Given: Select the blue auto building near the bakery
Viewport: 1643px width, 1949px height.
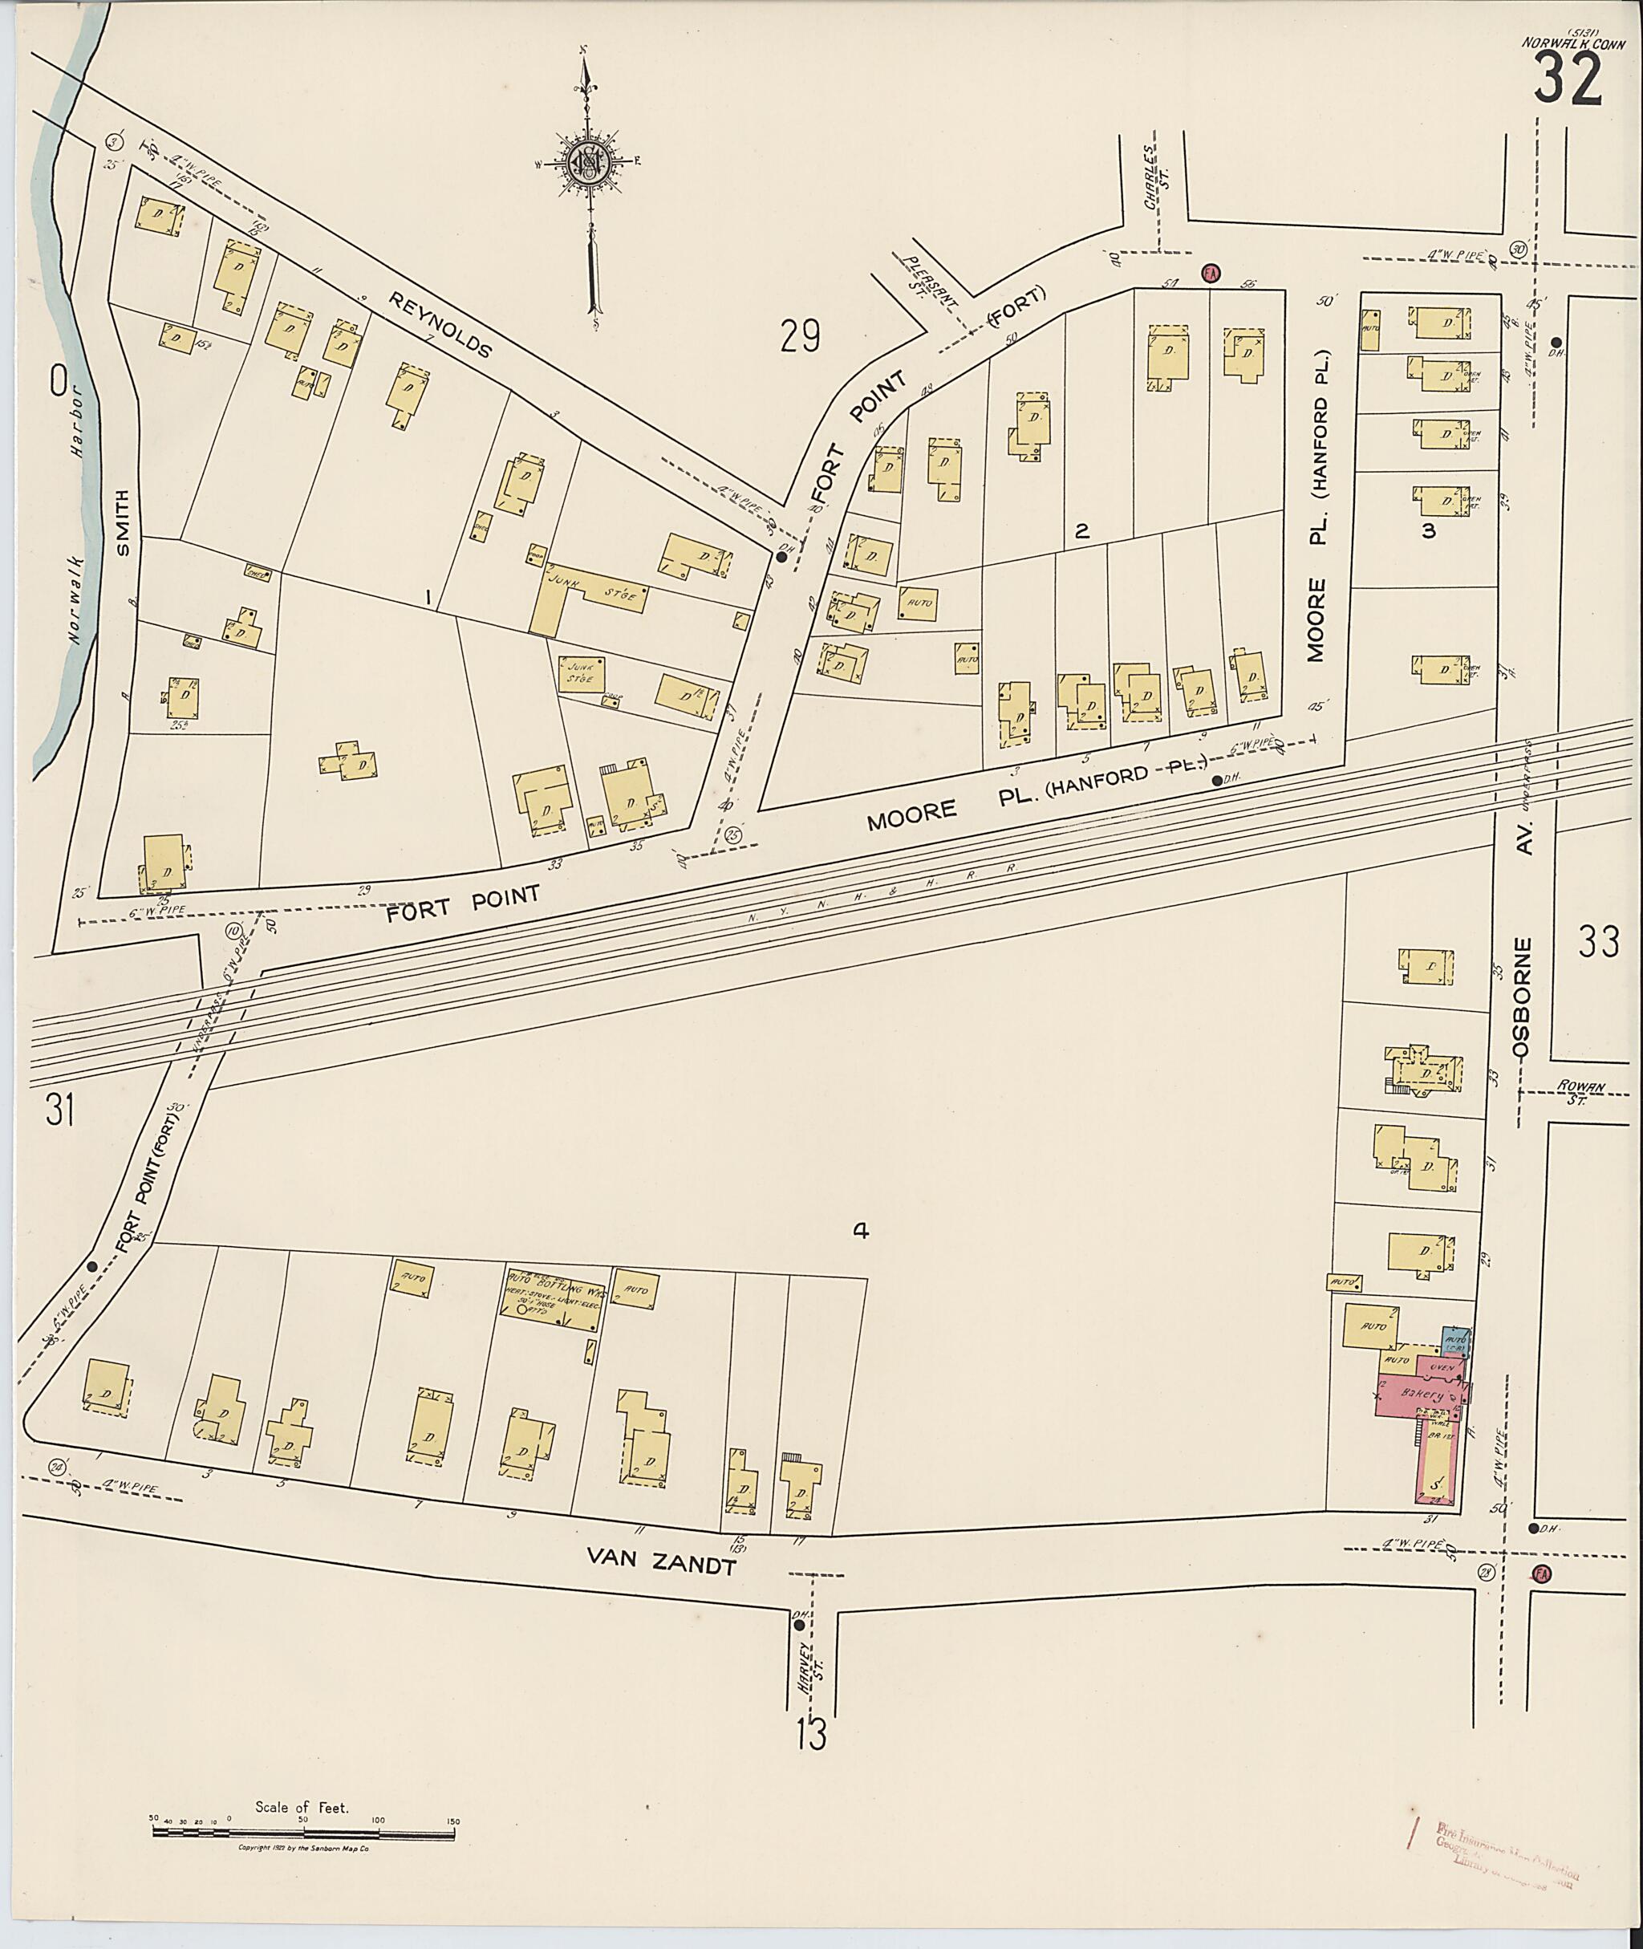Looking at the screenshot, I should point(1456,1342).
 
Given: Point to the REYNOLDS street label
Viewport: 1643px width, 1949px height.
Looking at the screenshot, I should point(439,324).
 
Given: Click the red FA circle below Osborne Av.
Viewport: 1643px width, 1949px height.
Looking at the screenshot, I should point(1541,1573).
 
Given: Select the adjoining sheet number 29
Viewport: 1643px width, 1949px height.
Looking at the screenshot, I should point(800,336).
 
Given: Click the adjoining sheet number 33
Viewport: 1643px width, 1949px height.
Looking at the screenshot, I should point(1599,943).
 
